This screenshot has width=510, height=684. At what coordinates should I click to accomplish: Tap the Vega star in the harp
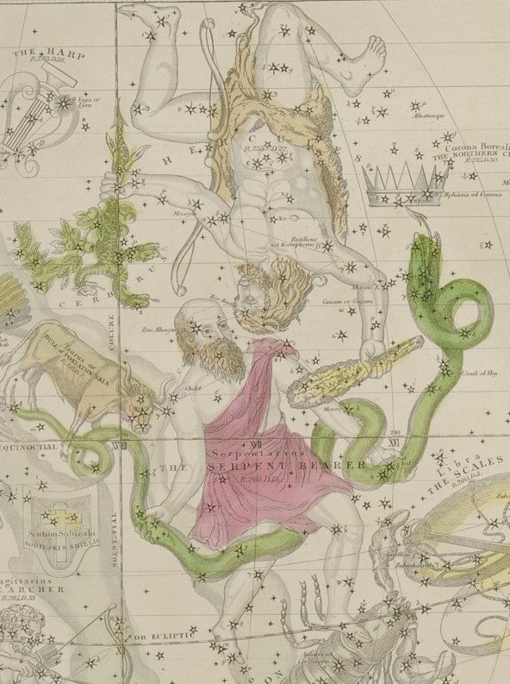pyautogui.click(x=64, y=103)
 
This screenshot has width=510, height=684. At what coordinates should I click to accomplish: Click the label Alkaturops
pyautogui.click(x=426, y=115)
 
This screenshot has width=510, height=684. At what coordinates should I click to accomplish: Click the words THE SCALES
pyautogui.click(x=468, y=475)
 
